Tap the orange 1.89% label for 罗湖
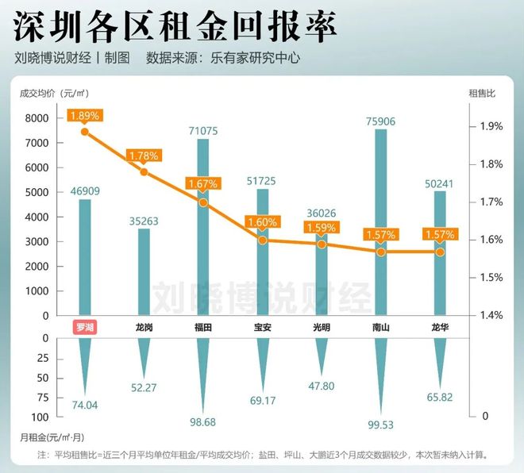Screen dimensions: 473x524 pos(85,115)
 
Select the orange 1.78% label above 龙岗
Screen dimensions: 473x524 pos(144,156)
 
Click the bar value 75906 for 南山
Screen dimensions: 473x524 pos(380,121)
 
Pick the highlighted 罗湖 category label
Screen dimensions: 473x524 pos(84,326)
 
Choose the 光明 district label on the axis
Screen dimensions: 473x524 pos(321,326)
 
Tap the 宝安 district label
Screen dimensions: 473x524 pos(262,326)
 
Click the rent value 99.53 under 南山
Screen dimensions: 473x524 pos(380,448)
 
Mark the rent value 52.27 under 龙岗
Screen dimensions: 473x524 pos(144,388)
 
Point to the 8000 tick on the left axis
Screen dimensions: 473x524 pos(37,118)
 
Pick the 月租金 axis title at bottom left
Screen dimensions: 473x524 pos(50,436)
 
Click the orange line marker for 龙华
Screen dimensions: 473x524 pos(439,252)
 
